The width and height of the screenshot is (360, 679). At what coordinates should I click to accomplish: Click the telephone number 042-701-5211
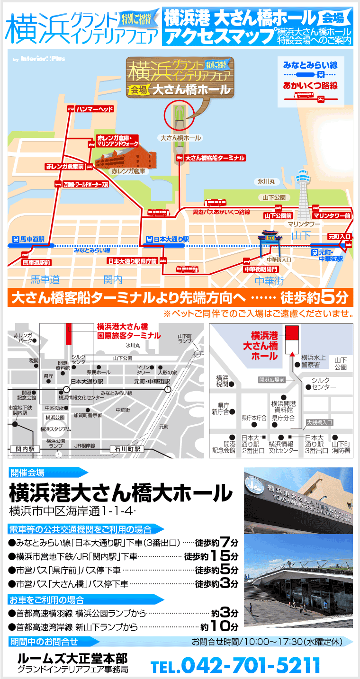pos(251,665)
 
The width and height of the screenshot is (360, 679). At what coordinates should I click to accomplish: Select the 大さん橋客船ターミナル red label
pos(215,158)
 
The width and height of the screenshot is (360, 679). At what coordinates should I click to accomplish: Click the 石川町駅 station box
pos(126,448)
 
